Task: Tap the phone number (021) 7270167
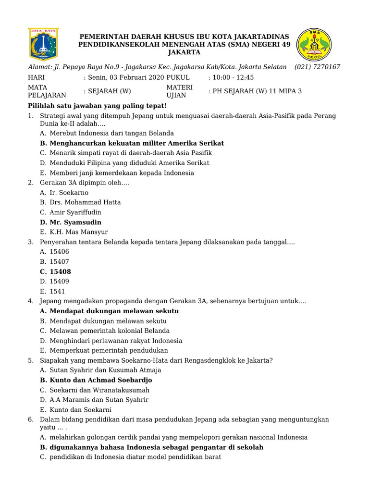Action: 317,67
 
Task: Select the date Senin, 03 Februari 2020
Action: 123,77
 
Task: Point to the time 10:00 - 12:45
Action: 231,77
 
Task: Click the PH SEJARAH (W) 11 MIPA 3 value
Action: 255,91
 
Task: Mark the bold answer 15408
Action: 60,271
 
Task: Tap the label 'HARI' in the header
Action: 36,77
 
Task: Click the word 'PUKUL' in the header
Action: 178,77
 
